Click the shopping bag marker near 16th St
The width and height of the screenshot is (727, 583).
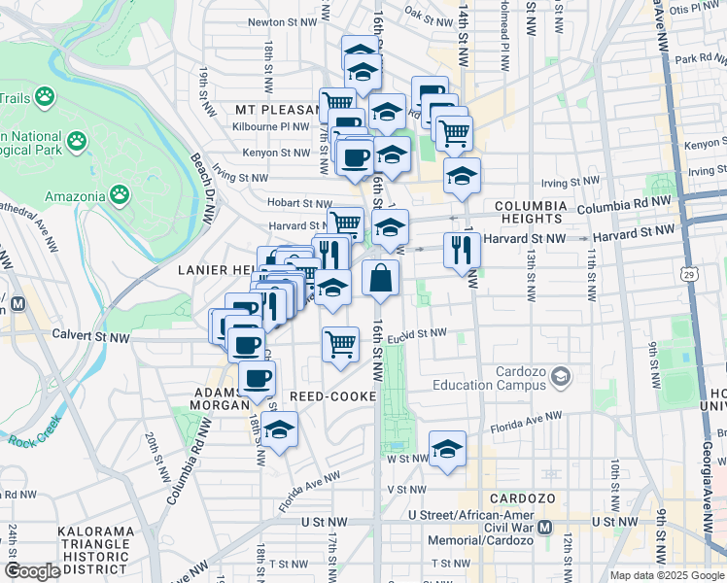(x=381, y=278)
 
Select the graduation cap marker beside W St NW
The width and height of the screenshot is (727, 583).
(x=447, y=449)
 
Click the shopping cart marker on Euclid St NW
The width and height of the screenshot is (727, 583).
(x=340, y=343)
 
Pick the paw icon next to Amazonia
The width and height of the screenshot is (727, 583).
(x=120, y=195)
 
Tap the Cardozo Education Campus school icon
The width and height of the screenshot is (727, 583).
(x=561, y=375)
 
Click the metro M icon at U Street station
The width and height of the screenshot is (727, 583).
(x=544, y=528)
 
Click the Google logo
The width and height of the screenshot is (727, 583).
(x=32, y=570)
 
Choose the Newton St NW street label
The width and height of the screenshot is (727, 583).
(x=283, y=20)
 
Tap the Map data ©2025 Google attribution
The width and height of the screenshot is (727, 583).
(x=666, y=575)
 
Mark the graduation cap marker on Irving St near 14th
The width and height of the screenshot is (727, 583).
(x=463, y=176)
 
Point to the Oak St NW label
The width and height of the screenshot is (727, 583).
(x=428, y=15)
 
